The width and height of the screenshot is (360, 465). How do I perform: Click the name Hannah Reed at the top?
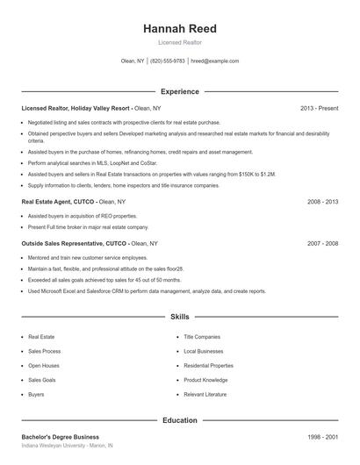tap(179, 29)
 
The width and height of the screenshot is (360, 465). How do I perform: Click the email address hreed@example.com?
tap(214, 61)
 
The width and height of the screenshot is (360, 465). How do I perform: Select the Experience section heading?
tap(179, 91)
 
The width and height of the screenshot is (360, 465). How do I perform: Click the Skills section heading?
tap(179, 316)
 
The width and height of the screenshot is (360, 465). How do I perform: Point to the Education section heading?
tap(179, 420)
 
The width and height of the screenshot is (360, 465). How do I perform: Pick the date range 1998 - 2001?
tap(322, 436)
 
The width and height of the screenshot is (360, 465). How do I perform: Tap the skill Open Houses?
tap(43, 365)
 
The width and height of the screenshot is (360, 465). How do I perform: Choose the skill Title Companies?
tap(202, 336)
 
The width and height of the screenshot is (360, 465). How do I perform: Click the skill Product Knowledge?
tap(205, 380)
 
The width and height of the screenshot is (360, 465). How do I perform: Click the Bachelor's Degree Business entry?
tap(60, 436)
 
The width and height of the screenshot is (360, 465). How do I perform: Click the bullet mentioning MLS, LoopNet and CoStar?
tap(93, 163)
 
